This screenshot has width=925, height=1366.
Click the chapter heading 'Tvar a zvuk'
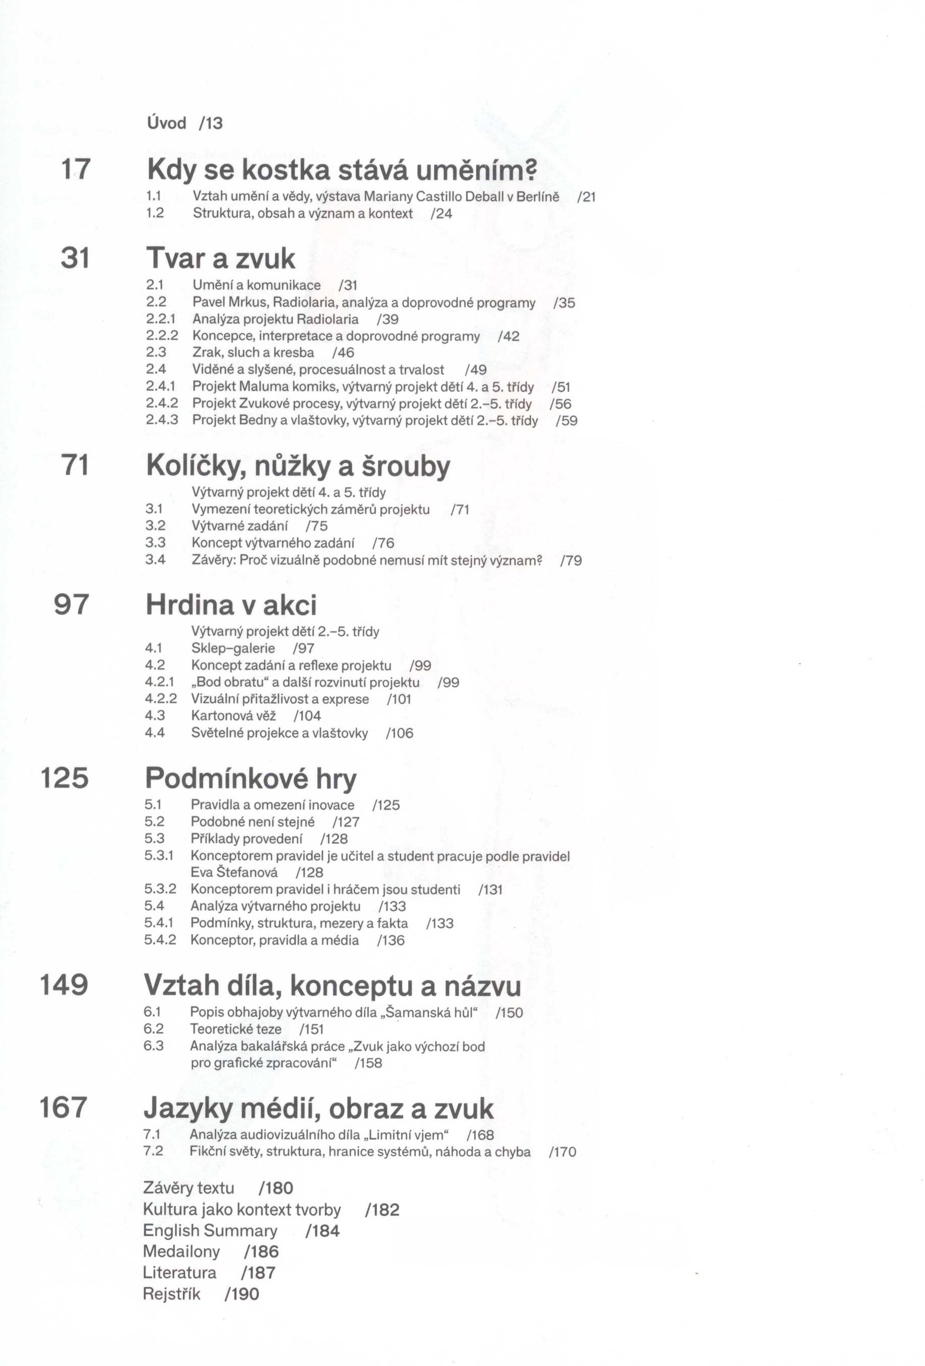tap(220, 258)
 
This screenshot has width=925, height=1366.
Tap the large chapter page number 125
tap(65, 778)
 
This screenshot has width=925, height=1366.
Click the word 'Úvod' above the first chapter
tap(166, 123)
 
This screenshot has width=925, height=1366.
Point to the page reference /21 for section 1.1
tap(586, 197)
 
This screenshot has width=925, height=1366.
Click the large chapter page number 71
tap(75, 465)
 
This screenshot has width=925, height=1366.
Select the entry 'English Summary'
tap(210, 1230)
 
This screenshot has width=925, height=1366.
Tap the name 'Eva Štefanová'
tap(235, 872)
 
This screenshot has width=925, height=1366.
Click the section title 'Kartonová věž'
tap(233, 715)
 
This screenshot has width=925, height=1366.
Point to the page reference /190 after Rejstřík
tap(242, 1293)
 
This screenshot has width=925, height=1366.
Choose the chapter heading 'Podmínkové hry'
tap(251, 778)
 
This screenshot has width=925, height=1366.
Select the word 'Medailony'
tap(181, 1251)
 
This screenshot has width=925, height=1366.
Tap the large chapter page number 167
tap(63, 1107)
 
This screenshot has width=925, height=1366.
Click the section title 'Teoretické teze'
tap(236, 1029)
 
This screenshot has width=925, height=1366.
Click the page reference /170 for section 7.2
tap(562, 1152)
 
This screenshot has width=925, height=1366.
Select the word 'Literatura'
tap(180, 1273)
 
